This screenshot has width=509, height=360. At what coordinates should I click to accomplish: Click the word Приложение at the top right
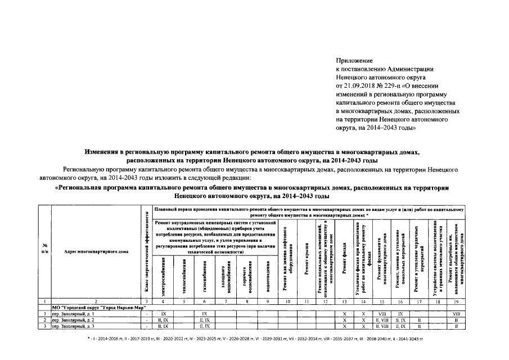354,60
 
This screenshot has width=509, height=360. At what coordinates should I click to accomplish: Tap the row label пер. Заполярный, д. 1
73,313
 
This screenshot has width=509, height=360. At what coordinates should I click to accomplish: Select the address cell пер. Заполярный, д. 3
73,326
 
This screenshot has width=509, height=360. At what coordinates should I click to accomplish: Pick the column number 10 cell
287,302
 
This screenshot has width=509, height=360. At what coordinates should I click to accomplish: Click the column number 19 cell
457,302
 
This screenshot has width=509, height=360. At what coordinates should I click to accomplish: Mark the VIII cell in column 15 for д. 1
381,313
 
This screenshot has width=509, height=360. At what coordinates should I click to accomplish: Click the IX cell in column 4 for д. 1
164,313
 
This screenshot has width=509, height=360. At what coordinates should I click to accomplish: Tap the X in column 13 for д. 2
344,319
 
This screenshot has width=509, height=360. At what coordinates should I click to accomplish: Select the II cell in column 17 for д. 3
419,326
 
